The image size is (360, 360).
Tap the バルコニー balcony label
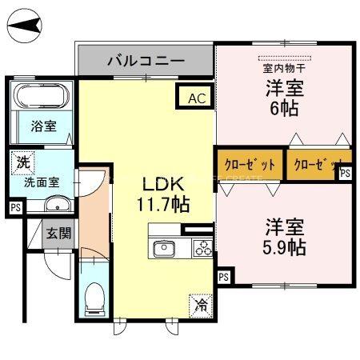click(x=146, y=60)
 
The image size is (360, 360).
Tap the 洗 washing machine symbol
click(x=24, y=162)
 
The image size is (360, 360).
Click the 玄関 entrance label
click(x=57, y=234)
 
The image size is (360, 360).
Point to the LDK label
click(x=164, y=182)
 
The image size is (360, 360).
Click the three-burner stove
click(x=202, y=247)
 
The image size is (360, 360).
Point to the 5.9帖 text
click(x=285, y=246)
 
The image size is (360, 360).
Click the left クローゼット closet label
click(x=250, y=165)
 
